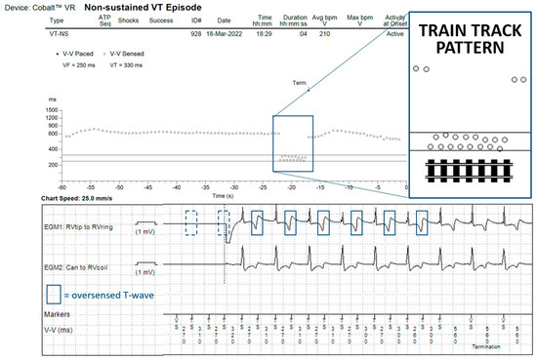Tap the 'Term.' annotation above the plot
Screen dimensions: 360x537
click(300, 84)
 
